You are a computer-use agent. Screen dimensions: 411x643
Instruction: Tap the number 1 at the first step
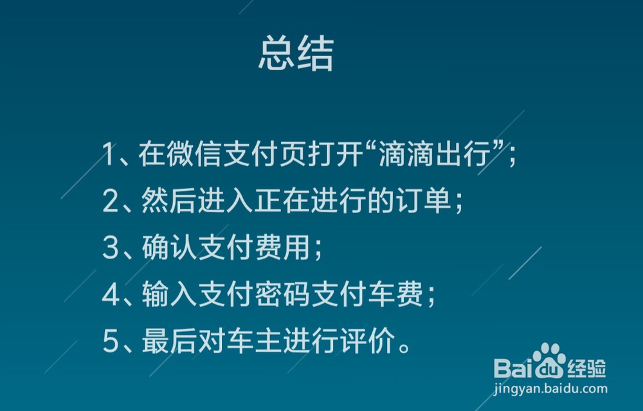[109, 155]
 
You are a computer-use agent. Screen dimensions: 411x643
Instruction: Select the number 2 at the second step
[110, 202]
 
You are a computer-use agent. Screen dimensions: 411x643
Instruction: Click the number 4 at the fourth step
[110, 296]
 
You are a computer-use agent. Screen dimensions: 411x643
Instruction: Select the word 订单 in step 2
[428, 202]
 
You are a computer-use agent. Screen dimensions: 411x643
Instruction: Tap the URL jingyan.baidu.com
[550, 388]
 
